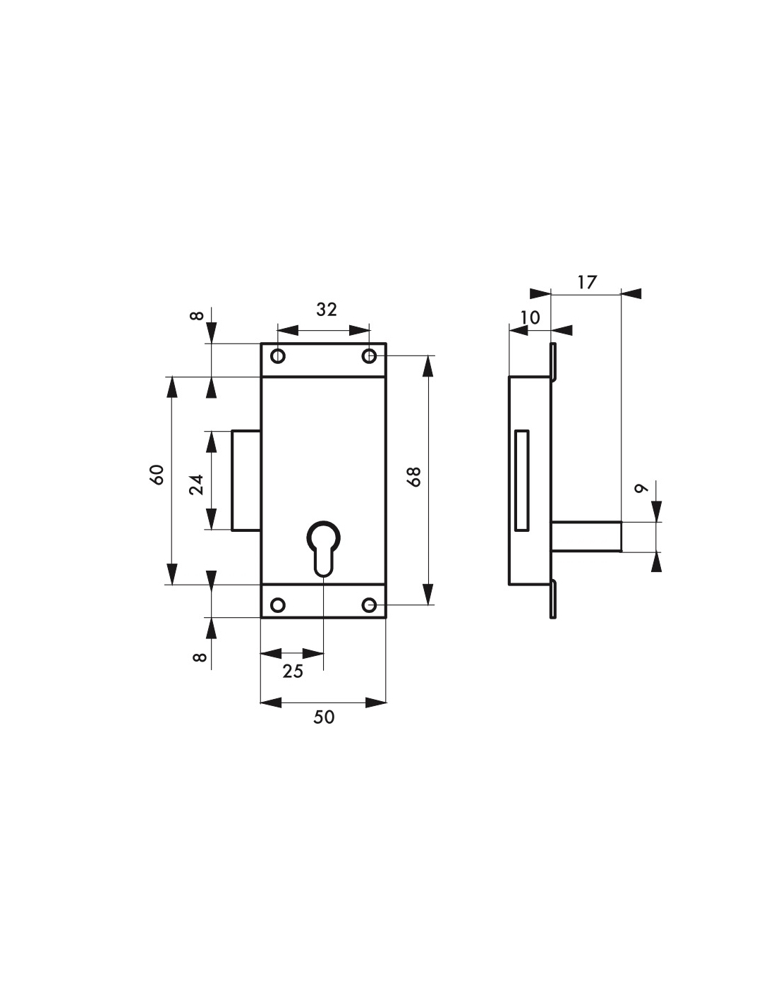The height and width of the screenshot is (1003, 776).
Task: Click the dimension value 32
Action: pos(327,310)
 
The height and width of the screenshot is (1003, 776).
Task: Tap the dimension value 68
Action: pos(414,478)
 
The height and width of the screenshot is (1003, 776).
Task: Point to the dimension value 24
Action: pos(197,485)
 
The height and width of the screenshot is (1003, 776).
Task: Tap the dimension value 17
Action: pos(587,282)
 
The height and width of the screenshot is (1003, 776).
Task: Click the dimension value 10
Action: pos(530,317)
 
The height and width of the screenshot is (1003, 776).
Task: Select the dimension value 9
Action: pos(641,488)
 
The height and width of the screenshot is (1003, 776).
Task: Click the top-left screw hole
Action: pos(278,356)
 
